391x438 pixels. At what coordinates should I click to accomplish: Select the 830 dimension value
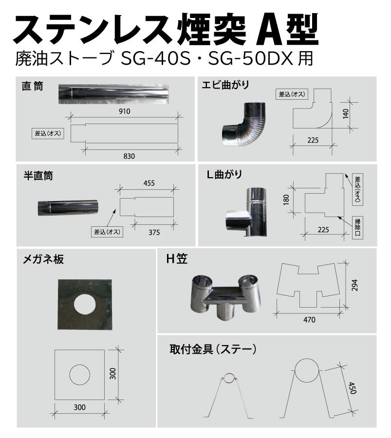tap(128, 156)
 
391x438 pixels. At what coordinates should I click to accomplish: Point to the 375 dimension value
tap(154, 232)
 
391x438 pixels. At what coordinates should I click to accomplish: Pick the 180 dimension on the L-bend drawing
tap(286, 200)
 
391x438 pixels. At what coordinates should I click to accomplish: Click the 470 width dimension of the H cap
tap(309, 320)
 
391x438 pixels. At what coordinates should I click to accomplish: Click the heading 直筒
tap(33, 87)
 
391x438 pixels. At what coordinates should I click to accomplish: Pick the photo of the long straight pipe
tap(114, 93)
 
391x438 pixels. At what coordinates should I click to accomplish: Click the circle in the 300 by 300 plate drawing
tap(79, 375)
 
